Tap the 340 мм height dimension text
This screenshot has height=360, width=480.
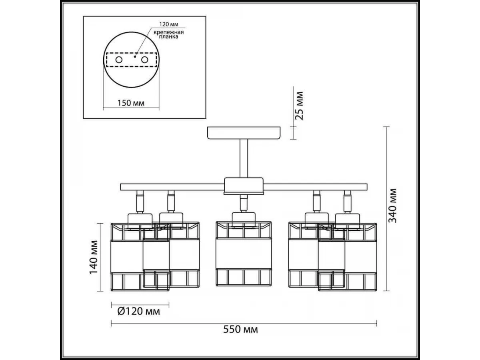(x=392, y=206)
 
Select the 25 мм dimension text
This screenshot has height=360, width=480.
(x=299, y=106)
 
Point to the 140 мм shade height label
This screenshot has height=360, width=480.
(x=93, y=257)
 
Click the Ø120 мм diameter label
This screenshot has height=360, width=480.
(x=139, y=311)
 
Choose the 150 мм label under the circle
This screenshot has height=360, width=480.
(x=131, y=103)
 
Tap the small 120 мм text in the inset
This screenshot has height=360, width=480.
(x=169, y=24)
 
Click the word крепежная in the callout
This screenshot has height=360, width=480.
(x=168, y=32)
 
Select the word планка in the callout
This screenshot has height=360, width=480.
(x=168, y=37)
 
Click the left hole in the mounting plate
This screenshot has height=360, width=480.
(x=119, y=60)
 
